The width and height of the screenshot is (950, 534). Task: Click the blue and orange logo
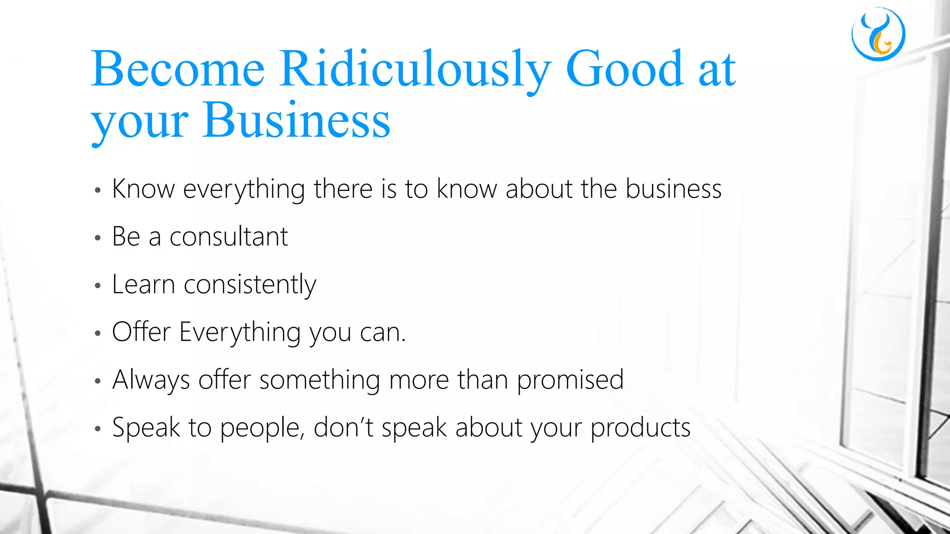[x=878, y=34]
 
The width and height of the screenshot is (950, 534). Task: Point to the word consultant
[x=229, y=237]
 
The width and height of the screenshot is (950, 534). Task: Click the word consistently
[x=250, y=285]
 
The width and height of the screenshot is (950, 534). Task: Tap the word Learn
[x=143, y=285]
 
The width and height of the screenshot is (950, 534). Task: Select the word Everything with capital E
[x=240, y=333]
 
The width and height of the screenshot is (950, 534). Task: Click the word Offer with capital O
[x=141, y=332]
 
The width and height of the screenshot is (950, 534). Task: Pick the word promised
[x=570, y=381]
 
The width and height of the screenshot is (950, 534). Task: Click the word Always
[x=151, y=381]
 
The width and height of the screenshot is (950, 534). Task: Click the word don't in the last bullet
[x=343, y=427]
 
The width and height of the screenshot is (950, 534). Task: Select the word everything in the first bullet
[x=244, y=190]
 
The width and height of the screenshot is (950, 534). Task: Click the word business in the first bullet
[x=674, y=189]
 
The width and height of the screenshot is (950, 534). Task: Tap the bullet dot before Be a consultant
[x=97, y=238]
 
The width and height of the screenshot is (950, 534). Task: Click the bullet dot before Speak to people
[x=97, y=429]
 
